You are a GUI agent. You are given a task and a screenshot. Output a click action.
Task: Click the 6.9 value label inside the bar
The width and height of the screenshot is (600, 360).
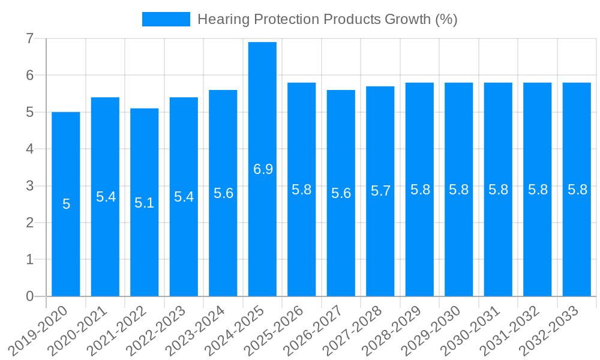pyautogui.click(x=263, y=169)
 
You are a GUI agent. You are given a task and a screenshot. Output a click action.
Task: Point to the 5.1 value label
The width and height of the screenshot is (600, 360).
pyautogui.click(x=145, y=203)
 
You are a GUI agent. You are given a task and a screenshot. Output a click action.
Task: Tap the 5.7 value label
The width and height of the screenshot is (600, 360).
pyautogui.click(x=380, y=191)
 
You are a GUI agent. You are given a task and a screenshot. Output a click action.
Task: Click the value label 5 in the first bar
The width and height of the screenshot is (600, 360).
pyautogui.click(x=66, y=205)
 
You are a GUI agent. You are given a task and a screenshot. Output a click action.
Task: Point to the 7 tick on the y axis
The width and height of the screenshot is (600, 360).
pyautogui.click(x=29, y=39)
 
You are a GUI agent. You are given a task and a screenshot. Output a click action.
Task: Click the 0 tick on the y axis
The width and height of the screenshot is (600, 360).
pyautogui.click(x=29, y=296)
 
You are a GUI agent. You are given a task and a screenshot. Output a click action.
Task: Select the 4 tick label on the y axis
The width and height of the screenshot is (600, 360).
pyautogui.click(x=29, y=149)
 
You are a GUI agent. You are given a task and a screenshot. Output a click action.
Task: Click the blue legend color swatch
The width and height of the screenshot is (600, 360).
pyautogui.click(x=166, y=19)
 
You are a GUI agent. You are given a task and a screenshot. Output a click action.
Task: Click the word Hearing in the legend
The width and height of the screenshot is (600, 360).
pyautogui.click(x=220, y=20)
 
